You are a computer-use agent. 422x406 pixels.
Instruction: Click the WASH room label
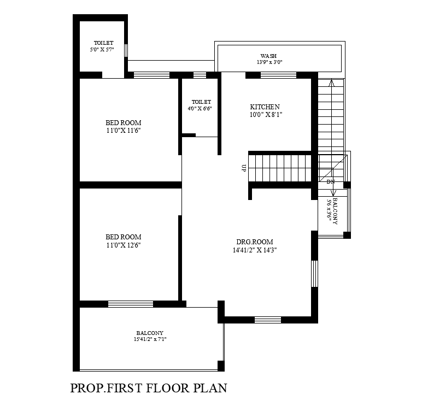tap(268, 56)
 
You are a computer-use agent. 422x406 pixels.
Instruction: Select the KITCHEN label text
tap(265, 107)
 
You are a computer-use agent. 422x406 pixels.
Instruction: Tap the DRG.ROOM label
tap(255, 242)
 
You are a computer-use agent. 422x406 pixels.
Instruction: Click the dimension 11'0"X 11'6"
tap(124, 131)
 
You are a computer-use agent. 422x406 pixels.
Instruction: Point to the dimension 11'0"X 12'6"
tap(124, 245)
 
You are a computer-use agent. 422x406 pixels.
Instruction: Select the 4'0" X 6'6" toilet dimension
tap(200, 109)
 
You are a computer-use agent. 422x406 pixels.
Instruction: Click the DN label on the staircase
tap(330, 181)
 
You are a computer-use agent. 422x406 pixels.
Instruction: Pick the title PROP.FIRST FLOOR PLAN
tap(149, 389)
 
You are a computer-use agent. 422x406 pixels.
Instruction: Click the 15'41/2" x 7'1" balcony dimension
tap(150, 339)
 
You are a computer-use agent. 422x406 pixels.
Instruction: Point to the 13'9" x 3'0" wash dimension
tap(269, 62)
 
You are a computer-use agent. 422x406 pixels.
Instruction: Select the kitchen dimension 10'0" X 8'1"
tap(265, 115)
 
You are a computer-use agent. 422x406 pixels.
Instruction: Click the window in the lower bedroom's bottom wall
tap(130, 304)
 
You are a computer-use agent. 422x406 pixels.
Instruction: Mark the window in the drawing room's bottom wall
tap(268, 320)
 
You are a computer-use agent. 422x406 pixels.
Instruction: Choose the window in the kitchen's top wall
tap(278, 75)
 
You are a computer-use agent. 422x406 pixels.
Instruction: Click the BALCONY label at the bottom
tap(150, 333)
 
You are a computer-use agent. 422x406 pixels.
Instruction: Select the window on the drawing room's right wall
tap(314, 273)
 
